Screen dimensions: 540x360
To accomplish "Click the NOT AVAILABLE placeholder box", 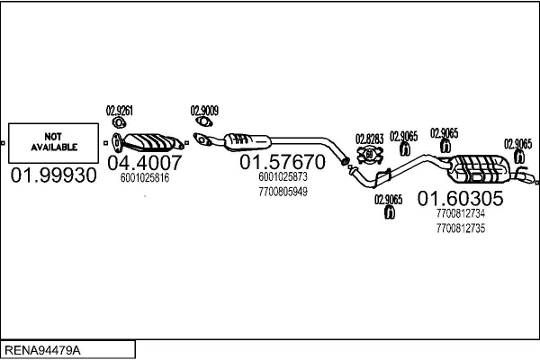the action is (x=53, y=143).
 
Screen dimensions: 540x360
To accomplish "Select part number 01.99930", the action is (x=54, y=175).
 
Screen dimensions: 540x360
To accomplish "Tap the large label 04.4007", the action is (x=145, y=163).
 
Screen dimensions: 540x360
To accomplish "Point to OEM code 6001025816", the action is (x=145, y=178).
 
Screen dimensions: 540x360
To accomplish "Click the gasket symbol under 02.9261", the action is (x=119, y=122).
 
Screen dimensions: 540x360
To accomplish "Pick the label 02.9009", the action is (x=204, y=111).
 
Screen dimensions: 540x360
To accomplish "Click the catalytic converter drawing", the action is (x=148, y=142).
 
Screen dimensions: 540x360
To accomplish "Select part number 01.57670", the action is (x=283, y=162).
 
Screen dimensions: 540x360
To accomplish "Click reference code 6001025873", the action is (x=283, y=176).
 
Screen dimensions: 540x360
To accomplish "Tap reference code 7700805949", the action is (x=283, y=192).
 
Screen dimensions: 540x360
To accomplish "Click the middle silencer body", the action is (x=247, y=141).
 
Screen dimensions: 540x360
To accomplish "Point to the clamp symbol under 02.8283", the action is (x=370, y=155).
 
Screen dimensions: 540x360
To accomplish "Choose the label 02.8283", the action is (x=370, y=139).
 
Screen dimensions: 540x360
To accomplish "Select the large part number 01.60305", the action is (x=461, y=198).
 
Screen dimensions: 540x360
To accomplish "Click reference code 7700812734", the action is (x=461, y=213).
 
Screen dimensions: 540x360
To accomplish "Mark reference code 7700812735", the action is (x=461, y=228).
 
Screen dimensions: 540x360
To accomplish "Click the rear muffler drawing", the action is (x=479, y=169).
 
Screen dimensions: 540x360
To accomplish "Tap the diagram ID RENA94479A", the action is (x=42, y=350).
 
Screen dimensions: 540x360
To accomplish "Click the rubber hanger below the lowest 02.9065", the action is (x=389, y=212).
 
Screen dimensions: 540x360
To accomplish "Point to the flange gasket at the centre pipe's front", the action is (x=202, y=139).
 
